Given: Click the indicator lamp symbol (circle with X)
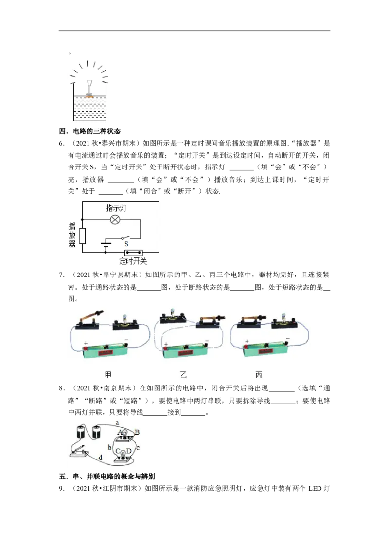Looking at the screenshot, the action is (x=115, y=220).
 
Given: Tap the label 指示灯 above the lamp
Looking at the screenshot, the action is (x=116, y=208).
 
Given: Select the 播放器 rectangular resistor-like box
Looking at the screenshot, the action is (x=83, y=236).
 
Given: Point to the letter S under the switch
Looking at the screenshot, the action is (x=126, y=243).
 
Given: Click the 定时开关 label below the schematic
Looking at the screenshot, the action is (x=133, y=261).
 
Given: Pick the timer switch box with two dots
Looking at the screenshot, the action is (x=134, y=252).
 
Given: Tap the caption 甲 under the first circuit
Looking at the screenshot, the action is (x=108, y=375).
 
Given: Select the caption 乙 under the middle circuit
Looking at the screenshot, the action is (x=183, y=375).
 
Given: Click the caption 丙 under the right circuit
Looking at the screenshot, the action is (x=259, y=375).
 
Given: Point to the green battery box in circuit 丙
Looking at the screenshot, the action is (x=265, y=349).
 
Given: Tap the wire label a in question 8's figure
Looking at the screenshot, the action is (x=117, y=422).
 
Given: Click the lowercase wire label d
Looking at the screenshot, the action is (x=100, y=458).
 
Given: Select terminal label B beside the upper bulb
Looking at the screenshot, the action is (x=137, y=432).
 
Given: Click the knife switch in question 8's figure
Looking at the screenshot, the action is (x=79, y=451).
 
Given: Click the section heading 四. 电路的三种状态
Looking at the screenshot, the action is (x=89, y=131).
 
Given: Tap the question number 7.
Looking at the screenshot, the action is (x=61, y=275).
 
